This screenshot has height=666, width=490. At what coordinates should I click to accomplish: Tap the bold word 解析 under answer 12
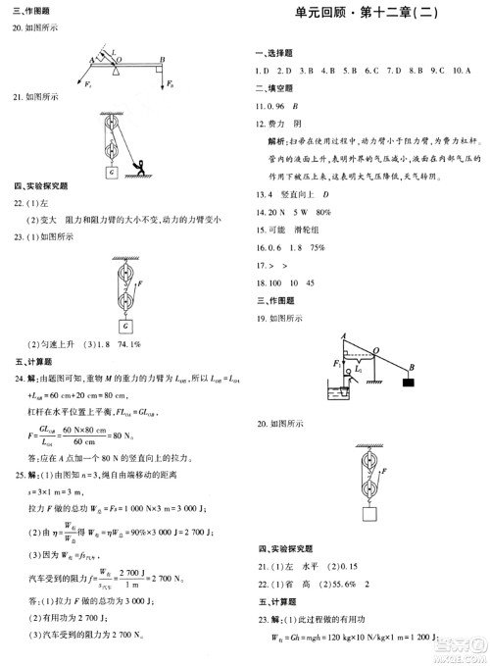pyautogui.click(x=278, y=141)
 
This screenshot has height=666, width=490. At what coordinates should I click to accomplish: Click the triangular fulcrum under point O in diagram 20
pyautogui.click(x=119, y=70)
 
